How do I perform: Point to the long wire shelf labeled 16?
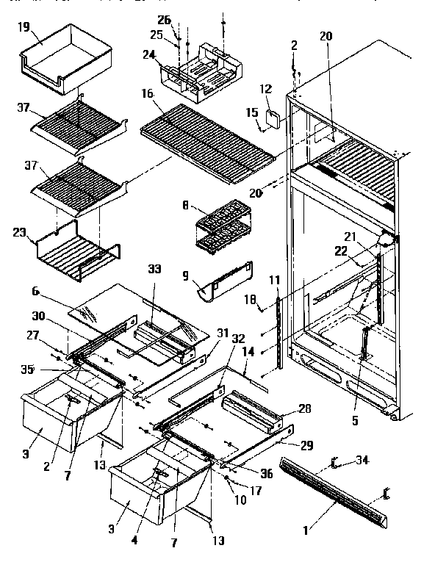pyautogui.click(x=206, y=138)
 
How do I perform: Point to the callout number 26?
pyautogui.click(x=165, y=20)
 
